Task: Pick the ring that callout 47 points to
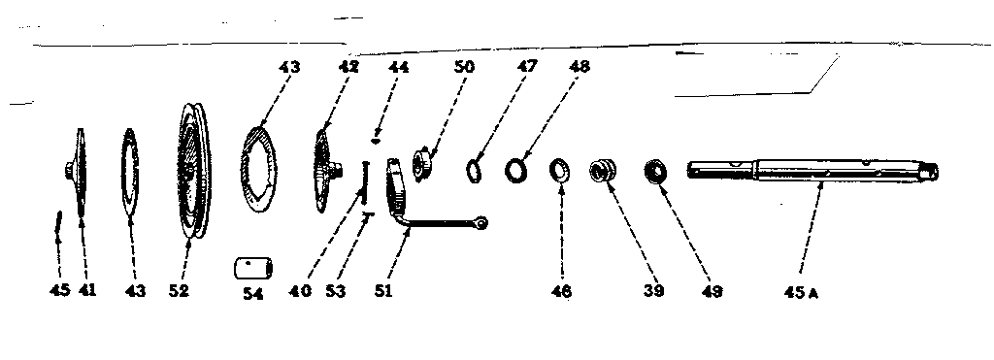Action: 474,170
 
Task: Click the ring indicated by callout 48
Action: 515,171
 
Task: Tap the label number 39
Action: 652,289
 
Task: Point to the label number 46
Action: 562,290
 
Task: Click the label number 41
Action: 88,289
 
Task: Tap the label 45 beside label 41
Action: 59,289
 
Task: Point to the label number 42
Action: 348,67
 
